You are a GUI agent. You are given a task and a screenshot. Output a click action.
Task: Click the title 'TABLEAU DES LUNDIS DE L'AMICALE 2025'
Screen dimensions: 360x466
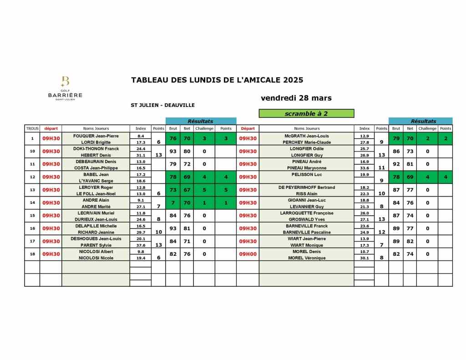point(217,80)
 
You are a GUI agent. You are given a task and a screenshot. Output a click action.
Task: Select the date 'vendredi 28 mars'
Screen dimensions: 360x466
point(296,98)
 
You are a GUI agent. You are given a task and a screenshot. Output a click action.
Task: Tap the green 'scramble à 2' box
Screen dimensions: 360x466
point(306,114)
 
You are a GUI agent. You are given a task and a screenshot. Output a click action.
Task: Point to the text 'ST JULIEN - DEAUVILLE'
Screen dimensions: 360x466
point(162,105)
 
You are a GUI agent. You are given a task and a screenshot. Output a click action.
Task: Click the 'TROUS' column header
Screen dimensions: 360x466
point(32,128)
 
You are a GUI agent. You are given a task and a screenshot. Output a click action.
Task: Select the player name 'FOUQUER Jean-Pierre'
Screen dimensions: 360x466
point(96,136)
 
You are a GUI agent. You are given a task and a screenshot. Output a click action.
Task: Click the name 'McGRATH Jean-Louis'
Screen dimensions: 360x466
point(307,136)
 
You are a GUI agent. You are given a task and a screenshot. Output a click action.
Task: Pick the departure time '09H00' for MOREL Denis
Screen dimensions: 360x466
point(248,254)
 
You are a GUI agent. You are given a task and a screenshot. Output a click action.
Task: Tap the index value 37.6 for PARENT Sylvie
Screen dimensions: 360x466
point(141,245)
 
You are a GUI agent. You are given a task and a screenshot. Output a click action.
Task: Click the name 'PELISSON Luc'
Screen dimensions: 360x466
point(307,174)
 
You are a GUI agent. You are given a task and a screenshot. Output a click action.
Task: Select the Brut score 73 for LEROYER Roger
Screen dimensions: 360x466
point(173,190)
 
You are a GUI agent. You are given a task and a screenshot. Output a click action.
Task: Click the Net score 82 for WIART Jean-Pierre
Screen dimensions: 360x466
point(410,241)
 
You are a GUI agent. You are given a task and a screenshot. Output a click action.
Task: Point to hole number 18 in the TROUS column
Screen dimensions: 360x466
point(32,254)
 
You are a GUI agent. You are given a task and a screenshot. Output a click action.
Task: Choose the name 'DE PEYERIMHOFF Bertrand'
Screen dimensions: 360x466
point(307,187)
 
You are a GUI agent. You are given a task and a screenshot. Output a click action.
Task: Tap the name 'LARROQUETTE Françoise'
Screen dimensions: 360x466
point(307,213)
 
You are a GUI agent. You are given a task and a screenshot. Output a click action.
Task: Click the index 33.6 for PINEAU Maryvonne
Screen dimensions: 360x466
point(365,168)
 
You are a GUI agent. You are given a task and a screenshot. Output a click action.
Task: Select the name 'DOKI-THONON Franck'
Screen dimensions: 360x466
point(96,148)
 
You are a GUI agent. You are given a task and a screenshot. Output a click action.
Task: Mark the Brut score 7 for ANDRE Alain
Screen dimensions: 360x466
point(173,203)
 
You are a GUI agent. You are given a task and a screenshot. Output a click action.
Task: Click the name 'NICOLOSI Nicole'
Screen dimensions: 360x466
point(96,258)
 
